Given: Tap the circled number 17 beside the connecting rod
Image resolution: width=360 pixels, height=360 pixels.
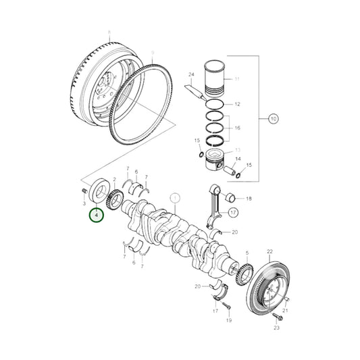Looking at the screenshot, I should (234, 211).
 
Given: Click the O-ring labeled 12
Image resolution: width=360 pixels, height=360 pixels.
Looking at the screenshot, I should (216, 105).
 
